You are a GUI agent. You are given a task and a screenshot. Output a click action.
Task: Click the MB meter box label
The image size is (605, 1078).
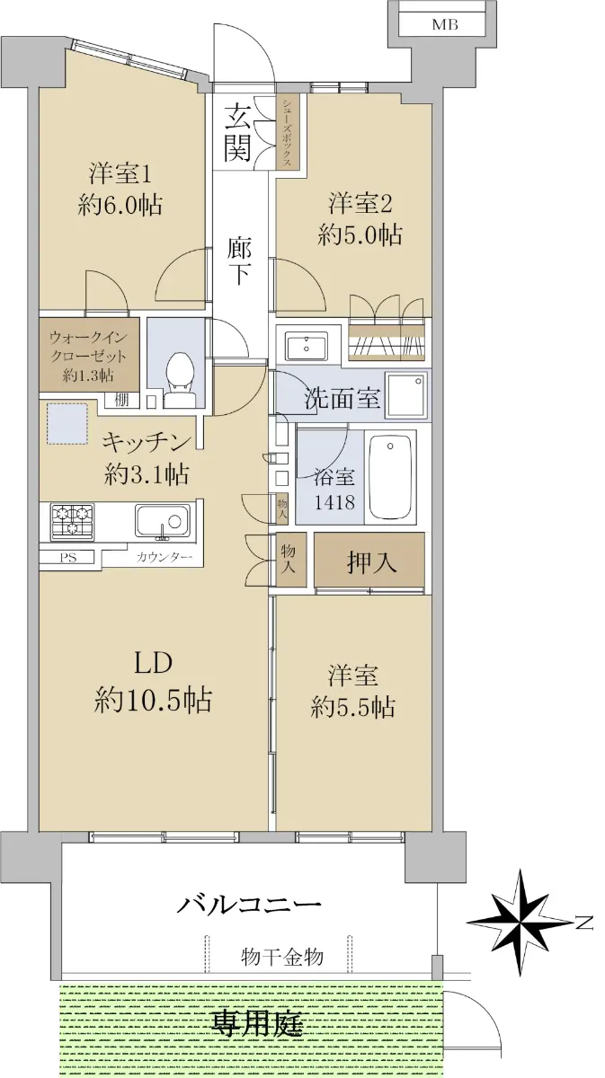tap(445, 24)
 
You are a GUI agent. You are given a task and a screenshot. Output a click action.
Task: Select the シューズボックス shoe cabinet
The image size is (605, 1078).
tap(288, 131)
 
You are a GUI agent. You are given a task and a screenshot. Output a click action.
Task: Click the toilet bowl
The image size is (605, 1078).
tap(179, 380)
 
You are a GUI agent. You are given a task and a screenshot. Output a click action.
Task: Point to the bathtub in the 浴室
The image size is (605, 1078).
tap(389, 476)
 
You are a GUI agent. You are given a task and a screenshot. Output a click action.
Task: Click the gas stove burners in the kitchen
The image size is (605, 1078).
tap(72, 520)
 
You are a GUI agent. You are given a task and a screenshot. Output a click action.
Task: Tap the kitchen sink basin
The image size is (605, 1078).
tap(162, 521)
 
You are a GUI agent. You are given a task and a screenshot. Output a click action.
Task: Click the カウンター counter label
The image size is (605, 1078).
tap(165, 558)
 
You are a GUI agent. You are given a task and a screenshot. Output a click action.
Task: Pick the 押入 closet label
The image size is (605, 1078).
tap(371, 561)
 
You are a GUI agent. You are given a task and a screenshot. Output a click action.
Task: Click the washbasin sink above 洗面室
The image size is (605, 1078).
tap(307, 346)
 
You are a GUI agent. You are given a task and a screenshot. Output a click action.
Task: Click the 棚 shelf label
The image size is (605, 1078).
tap(121, 400)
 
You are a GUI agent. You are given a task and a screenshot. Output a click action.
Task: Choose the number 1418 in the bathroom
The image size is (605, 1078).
tap(334, 503)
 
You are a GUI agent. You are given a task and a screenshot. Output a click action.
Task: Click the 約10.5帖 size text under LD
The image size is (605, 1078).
tap(153, 700)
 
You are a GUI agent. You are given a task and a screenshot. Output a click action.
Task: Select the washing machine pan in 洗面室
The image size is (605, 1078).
tap(406, 394)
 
